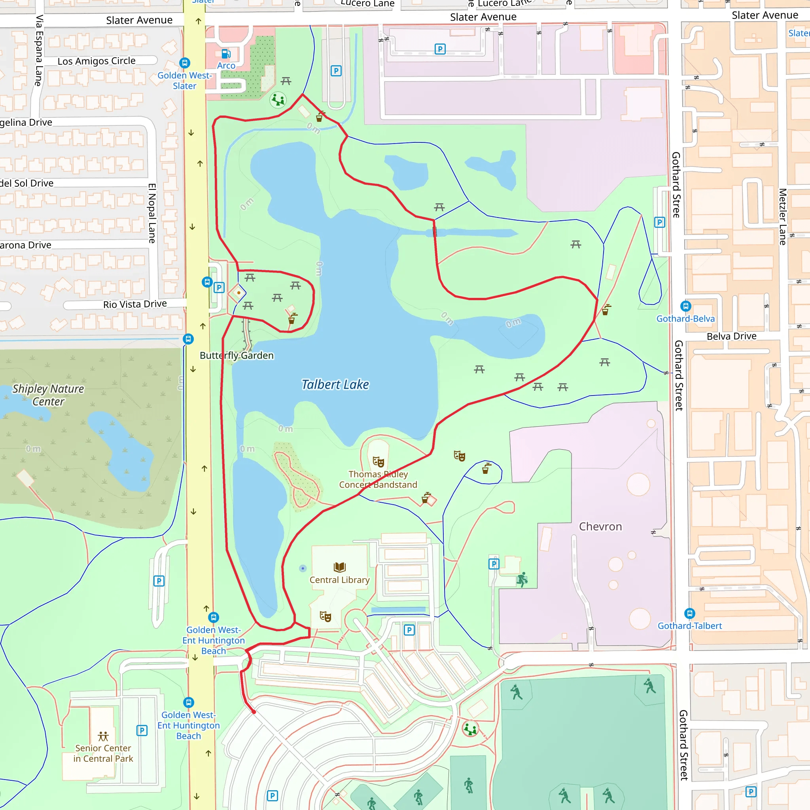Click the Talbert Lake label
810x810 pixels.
[335, 384]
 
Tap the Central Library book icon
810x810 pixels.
[340, 567]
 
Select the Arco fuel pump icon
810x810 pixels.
[226, 54]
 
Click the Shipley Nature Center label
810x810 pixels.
[48, 395]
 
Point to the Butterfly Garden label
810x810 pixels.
[237, 356]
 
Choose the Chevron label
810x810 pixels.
[600, 526]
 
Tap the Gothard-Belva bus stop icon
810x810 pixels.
[685, 306]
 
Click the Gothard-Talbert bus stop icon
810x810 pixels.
[690, 613]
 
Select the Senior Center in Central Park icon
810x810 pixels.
[103, 736]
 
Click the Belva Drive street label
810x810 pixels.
[732, 336]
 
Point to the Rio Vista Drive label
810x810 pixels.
[135, 304]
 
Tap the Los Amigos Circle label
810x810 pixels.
[97, 61]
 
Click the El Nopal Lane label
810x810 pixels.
[152, 213]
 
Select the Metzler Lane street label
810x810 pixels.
[782, 216]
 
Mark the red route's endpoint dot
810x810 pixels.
[254, 712]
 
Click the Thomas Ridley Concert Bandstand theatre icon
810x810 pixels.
[379, 462]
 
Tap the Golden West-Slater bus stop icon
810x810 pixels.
[184, 63]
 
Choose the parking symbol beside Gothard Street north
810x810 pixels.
[659, 222]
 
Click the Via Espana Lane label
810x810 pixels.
[39, 50]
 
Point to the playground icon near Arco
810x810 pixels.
[278, 100]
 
